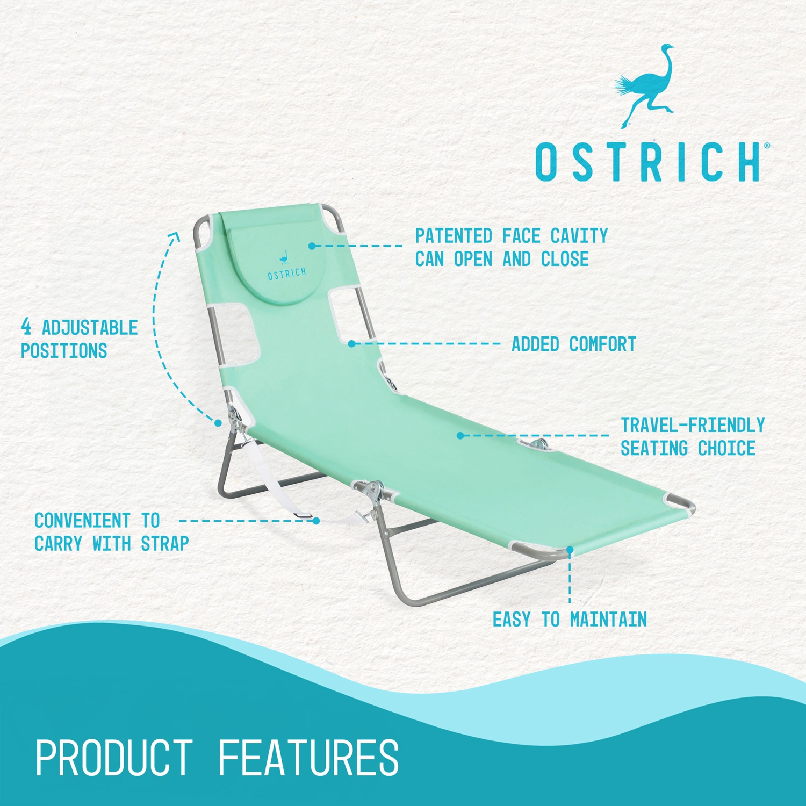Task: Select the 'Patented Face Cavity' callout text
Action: [511, 247]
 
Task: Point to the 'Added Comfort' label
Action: [573, 344]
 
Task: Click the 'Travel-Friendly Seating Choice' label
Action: [692, 436]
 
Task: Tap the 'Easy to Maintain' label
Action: [570, 620]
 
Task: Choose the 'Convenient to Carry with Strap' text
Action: [111, 532]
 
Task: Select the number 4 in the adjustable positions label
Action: [26, 327]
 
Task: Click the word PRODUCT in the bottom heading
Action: [114, 758]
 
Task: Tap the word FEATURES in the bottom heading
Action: [308, 758]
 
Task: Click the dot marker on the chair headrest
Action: [312, 246]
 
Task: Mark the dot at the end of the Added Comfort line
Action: [351, 343]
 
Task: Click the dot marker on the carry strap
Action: [316, 521]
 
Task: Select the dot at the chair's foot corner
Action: [570, 549]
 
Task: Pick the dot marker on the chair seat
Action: [460, 435]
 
